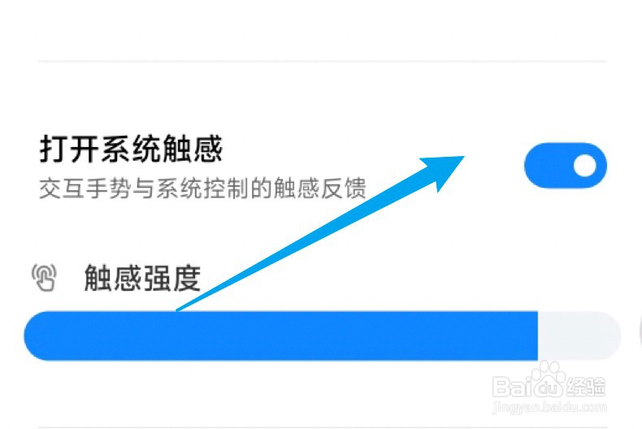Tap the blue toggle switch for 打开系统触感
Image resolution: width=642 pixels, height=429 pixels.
click(566, 166)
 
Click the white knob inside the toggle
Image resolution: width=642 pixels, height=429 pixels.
click(585, 166)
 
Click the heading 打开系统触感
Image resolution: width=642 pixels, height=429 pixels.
click(131, 149)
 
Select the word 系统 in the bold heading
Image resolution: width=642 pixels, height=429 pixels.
click(131, 149)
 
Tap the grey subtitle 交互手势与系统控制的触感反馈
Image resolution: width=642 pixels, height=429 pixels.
click(202, 189)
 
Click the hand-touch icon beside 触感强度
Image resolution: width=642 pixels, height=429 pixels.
click(45, 279)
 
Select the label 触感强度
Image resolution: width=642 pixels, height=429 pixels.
click(142, 279)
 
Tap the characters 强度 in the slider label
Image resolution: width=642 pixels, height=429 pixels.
click(172, 279)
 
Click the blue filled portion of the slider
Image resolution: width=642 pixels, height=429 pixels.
click(276, 335)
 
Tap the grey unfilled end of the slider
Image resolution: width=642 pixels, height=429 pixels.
click(579, 335)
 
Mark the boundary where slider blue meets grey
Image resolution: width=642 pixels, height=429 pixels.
click(538, 335)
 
